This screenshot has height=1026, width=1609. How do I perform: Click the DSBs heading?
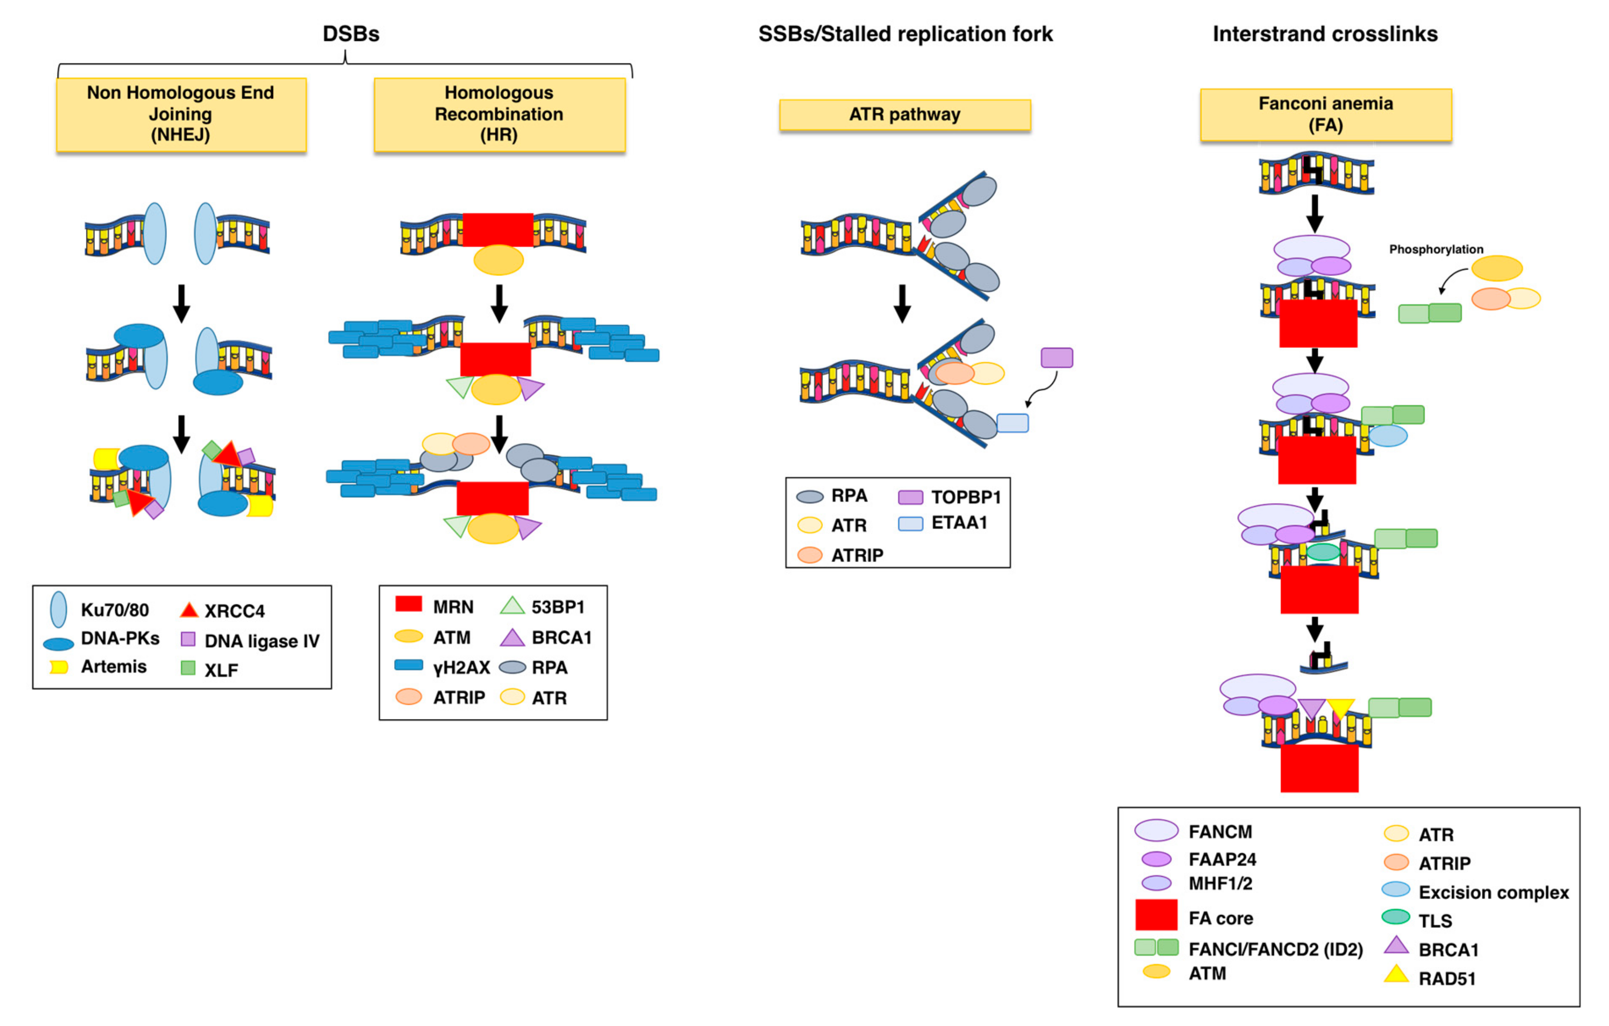[x=351, y=33]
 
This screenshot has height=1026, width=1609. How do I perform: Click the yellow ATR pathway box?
[x=905, y=114]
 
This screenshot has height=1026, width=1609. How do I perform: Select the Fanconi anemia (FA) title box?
[x=1326, y=114]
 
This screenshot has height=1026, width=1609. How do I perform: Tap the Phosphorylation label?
[x=1436, y=249]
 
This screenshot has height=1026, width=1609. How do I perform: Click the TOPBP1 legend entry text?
[x=966, y=497]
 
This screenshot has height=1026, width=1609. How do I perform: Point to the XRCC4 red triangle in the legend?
[x=189, y=610]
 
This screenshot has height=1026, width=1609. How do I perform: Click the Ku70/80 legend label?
[x=114, y=610]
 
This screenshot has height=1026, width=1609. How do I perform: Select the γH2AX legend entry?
[x=461, y=667]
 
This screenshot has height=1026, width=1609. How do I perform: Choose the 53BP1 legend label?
[x=558, y=607]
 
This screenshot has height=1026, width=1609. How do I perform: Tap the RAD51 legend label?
[x=1447, y=979]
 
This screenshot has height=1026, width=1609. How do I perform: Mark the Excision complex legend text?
[x=1493, y=892]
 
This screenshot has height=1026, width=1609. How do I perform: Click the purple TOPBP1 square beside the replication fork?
[x=1056, y=358]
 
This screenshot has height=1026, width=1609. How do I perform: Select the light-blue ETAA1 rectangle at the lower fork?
[x=1012, y=423]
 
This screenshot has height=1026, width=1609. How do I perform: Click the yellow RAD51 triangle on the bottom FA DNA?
[x=1340, y=707]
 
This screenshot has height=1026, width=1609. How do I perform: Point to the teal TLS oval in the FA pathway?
[x=1323, y=551]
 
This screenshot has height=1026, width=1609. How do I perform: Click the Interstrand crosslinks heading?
[x=1325, y=33]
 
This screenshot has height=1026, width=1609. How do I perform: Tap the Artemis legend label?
[x=113, y=666]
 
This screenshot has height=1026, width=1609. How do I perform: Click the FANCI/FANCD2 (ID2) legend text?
[x=1275, y=949]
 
